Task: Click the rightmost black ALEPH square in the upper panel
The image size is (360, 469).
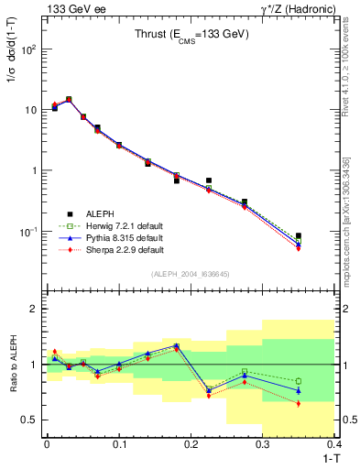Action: pos(323,236)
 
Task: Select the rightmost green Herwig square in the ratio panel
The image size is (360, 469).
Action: pos(323,381)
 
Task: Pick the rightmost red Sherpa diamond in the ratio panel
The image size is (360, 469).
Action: pos(323,403)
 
